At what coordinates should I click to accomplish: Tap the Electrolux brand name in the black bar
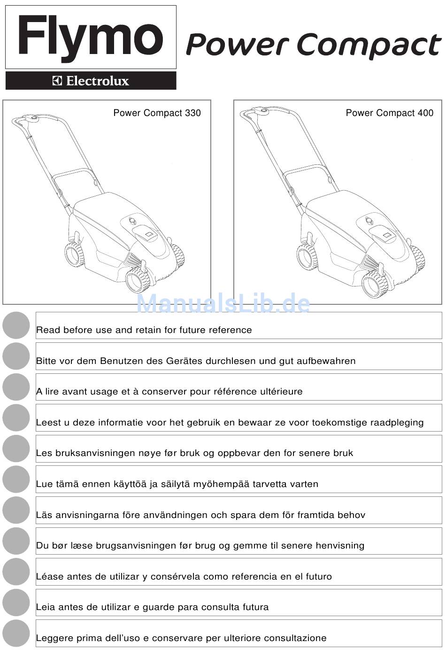[x=97, y=81]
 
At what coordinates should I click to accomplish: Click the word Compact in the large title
[x=369, y=46]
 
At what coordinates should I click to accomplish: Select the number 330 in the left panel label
[x=192, y=113]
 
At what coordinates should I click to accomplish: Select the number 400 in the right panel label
[x=425, y=113]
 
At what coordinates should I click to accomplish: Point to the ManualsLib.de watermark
[x=223, y=303]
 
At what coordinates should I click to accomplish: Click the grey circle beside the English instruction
[x=16, y=325]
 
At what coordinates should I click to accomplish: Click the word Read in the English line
[x=48, y=330]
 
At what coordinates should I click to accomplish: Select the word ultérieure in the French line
[x=281, y=392]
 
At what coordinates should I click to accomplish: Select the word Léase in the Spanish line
[x=49, y=577]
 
